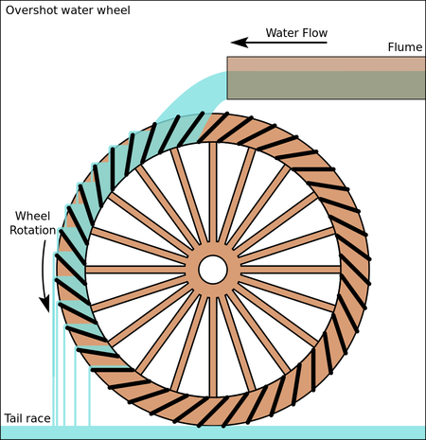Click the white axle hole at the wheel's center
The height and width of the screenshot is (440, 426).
[x=213, y=270]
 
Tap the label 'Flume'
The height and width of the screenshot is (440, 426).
[x=404, y=47]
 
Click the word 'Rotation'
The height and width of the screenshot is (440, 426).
[x=32, y=228]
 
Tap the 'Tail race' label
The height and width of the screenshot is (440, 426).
[x=26, y=417]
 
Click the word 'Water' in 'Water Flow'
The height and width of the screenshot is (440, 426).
[x=281, y=33]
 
